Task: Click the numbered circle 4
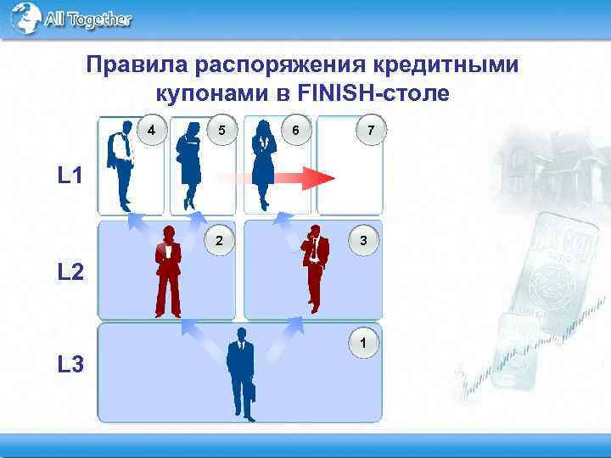pyautogui.click(x=151, y=131)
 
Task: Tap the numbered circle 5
pyautogui.click(x=221, y=131)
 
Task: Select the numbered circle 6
pyautogui.click(x=294, y=131)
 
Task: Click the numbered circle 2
pyautogui.click(x=220, y=241)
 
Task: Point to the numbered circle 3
pyautogui.click(x=363, y=241)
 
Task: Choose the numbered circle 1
pyautogui.click(x=363, y=343)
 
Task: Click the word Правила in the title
pyautogui.click(x=136, y=65)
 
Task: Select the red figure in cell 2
pyautogui.click(x=167, y=271)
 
